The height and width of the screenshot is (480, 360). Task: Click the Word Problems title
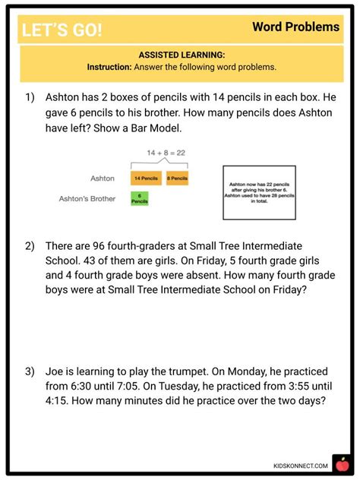[295, 27]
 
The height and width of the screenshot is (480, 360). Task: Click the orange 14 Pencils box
[147, 178]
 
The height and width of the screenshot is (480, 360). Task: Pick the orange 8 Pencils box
[178, 178]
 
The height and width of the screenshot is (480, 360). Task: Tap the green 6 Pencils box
[140, 198]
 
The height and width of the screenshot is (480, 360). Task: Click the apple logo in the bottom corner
[339, 463]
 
